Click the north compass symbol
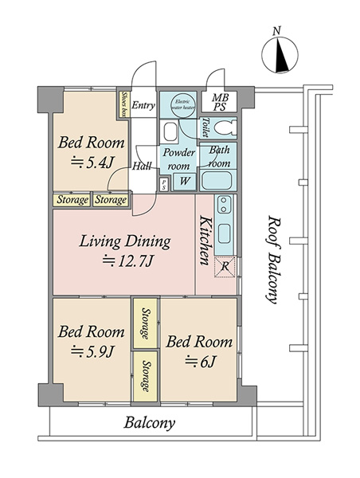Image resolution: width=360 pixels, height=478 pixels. pos(280,55)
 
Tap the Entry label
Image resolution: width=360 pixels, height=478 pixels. pos(143,105)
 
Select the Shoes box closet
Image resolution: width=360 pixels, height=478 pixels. pos(123,104)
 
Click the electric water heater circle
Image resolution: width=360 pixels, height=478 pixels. pos(183,104)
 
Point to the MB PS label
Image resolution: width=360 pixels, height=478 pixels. pos(220,102)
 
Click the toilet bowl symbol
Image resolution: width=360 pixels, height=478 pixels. pos(225,127)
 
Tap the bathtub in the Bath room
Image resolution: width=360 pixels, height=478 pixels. pos(217,181)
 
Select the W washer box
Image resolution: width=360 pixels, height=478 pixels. pos(185,181)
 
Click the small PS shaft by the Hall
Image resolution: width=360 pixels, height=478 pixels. pos(164,185)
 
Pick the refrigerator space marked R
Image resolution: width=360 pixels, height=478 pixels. pos(225,267)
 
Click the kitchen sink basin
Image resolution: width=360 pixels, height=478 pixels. pos(225,233)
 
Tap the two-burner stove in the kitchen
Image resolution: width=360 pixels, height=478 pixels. pos(224,205)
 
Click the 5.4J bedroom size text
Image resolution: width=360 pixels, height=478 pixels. pos(92,163)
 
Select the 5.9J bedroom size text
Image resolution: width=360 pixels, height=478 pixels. pos(92,351)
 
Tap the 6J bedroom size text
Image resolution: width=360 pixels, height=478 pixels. pos(201,362)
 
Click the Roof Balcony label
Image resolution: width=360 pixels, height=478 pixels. pos(273,260)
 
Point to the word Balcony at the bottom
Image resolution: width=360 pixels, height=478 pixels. pos(150,423)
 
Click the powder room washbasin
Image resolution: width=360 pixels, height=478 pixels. pos(170,131)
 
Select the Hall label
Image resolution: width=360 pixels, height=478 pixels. pos(142,167)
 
